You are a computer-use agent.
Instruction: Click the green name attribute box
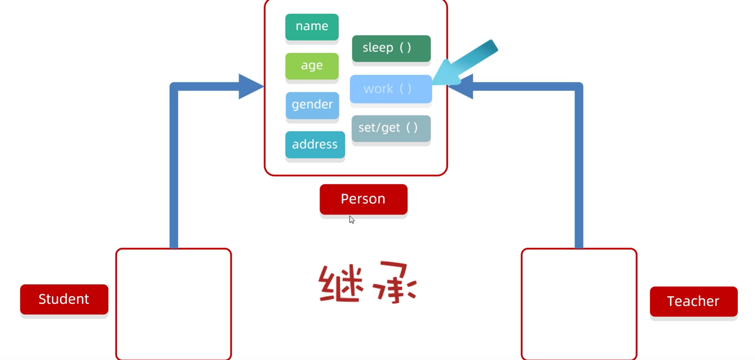[312, 27]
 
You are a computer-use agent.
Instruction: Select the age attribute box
[312, 66]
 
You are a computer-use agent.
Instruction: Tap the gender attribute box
[312, 105]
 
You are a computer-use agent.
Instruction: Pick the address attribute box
[315, 145]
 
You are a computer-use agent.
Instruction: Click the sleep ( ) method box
[391, 48]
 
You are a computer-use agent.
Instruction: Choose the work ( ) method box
[391, 89]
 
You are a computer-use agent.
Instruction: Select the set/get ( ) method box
[391, 128]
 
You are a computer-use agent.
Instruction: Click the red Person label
[363, 199]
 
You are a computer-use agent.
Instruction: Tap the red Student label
[64, 299]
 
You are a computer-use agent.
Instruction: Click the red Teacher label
[694, 301]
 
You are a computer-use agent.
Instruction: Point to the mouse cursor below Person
[351, 220]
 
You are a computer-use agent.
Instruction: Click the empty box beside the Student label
[173, 304]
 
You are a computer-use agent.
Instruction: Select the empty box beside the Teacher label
[579, 304]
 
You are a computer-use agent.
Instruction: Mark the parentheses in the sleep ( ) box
[405, 48]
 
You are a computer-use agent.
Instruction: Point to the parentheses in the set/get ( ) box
[412, 128]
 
